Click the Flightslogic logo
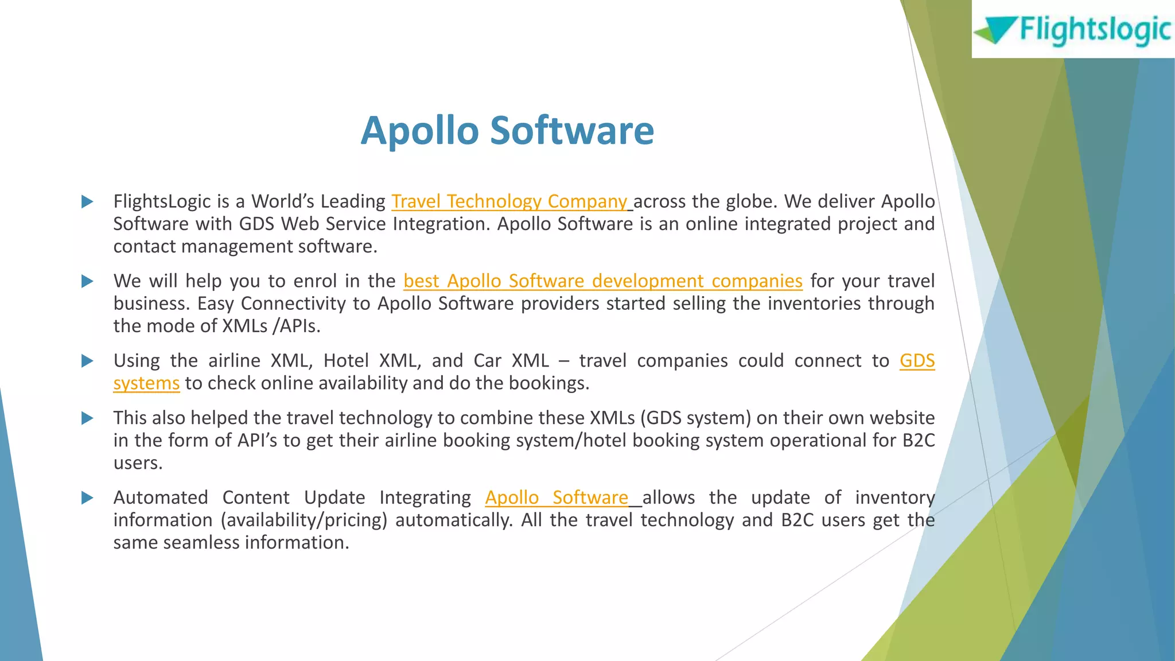(x=1073, y=30)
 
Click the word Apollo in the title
(x=419, y=130)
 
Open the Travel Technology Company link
(x=509, y=201)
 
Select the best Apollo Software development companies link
(x=602, y=281)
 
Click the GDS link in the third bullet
(x=917, y=361)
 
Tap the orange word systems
(x=146, y=383)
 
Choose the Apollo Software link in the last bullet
(x=557, y=497)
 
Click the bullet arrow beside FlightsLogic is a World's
(x=87, y=202)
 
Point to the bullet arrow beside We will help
(x=87, y=282)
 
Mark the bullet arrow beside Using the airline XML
(x=87, y=361)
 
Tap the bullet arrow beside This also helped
(x=87, y=418)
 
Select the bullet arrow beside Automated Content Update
(x=87, y=498)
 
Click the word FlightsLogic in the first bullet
(x=162, y=201)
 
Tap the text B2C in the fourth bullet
(x=918, y=441)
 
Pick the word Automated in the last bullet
(x=161, y=497)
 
